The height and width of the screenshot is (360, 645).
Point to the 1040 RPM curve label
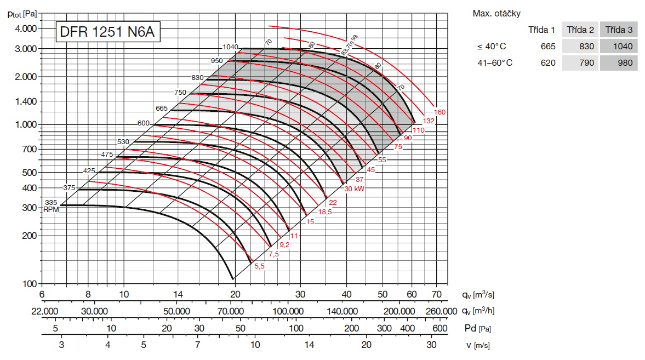230,47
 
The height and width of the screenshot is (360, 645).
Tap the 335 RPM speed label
51,203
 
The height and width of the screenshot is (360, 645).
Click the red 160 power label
439,112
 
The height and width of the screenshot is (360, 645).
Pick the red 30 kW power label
355,188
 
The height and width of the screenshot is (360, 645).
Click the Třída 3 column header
619,30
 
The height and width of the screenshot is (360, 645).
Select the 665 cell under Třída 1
547,47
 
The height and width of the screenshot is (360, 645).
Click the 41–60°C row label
494,63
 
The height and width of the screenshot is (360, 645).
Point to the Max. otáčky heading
497,13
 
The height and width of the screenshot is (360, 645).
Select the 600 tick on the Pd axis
439,328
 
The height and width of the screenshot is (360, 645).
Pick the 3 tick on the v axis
61,345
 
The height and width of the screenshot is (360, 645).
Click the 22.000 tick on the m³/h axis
44,311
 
